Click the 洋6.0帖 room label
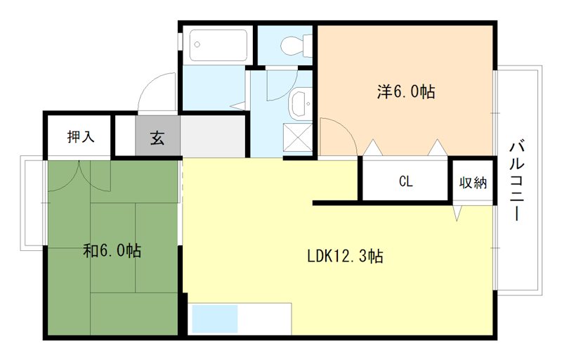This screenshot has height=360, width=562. [x=405, y=91]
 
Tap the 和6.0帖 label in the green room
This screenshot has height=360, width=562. [x=112, y=251]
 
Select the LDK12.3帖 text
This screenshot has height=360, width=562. [x=344, y=257]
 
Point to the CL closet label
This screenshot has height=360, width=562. [x=405, y=181]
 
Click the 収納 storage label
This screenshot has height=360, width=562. [x=473, y=182]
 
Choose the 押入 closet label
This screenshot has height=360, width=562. [x=80, y=137]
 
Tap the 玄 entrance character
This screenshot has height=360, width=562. [x=157, y=137]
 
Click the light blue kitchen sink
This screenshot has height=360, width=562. [x=215, y=319]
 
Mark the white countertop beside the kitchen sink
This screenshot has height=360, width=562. [x=265, y=319]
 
